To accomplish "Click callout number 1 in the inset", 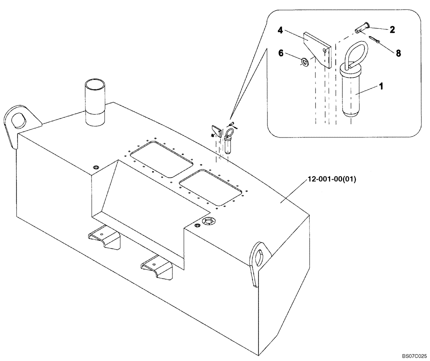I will [x=380, y=86].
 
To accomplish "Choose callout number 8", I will [x=398, y=53].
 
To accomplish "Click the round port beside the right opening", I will [x=209, y=222].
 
